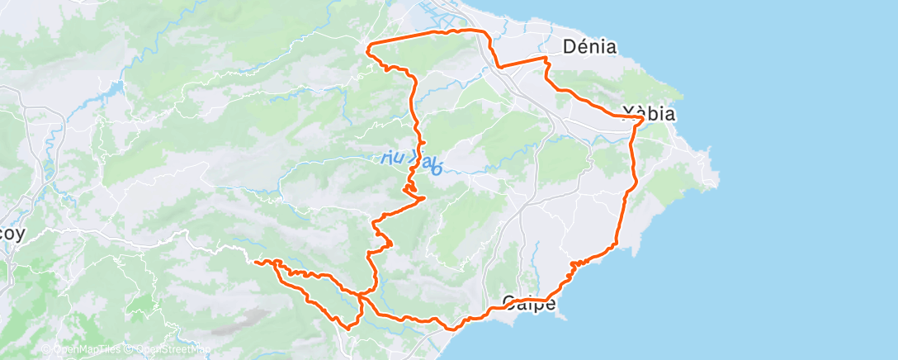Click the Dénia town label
pos(589,47)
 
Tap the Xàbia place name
pos(648,114)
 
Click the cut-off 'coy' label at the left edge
pos(12,234)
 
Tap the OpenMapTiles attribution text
pos(88,349)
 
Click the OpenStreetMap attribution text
pos(171,349)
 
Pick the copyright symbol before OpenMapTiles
pos(46,349)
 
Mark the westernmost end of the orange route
pos(256,263)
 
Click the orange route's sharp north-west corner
pos(368,44)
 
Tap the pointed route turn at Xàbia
pos(642,121)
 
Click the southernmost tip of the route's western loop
pos(348,327)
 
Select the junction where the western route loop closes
pos(361,293)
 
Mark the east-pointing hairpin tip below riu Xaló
pos(424,197)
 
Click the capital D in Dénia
pos(569,47)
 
